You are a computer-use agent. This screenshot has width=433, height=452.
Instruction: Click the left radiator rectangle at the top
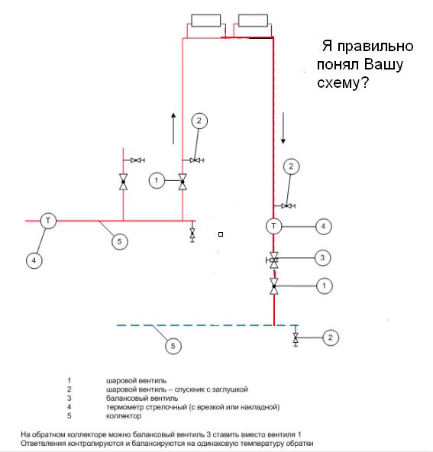pyautogui.click(x=206, y=21)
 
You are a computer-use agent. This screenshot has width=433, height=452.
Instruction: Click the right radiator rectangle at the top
pyautogui.click(x=253, y=21)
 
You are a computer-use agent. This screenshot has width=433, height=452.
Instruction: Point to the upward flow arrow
pyautogui.click(x=173, y=128)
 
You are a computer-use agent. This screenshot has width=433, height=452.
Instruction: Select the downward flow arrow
pyautogui.click(x=283, y=128)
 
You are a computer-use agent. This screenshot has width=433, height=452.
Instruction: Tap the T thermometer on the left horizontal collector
pyautogui.click(x=48, y=221)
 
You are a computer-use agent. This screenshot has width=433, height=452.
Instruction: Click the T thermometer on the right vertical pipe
pyautogui.click(x=273, y=226)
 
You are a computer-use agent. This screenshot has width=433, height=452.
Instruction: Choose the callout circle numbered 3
pyautogui.click(x=322, y=258)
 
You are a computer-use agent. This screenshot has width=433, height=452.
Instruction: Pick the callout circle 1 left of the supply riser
pyautogui.click(x=157, y=180)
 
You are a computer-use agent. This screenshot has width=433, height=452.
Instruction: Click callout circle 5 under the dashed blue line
pyautogui.click(x=173, y=346)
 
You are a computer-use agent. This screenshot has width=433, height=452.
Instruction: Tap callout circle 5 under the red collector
pyautogui.click(x=120, y=241)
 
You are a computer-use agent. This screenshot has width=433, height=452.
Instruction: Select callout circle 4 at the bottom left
pyautogui.click(x=34, y=260)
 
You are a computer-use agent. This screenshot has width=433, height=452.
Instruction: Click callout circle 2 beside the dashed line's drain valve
pyautogui.click(x=331, y=337)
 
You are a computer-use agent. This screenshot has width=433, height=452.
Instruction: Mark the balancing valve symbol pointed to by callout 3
pyautogui.click(x=273, y=260)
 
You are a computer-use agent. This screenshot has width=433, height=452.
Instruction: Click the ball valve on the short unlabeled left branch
pyautogui.click(x=124, y=182)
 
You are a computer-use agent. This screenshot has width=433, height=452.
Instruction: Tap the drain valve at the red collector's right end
pyautogui.click(x=192, y=233)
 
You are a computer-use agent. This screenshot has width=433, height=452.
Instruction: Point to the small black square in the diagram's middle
pyautogui.click(x=221, y=234)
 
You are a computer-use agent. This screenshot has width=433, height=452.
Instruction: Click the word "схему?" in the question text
pyautogui.click(x=343, y=83)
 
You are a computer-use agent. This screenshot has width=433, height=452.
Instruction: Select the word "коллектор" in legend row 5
pyautogui.click(x=124, y=416)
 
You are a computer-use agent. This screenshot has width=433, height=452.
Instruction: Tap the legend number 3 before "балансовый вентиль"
pyautogui.click(x=69, y=398)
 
